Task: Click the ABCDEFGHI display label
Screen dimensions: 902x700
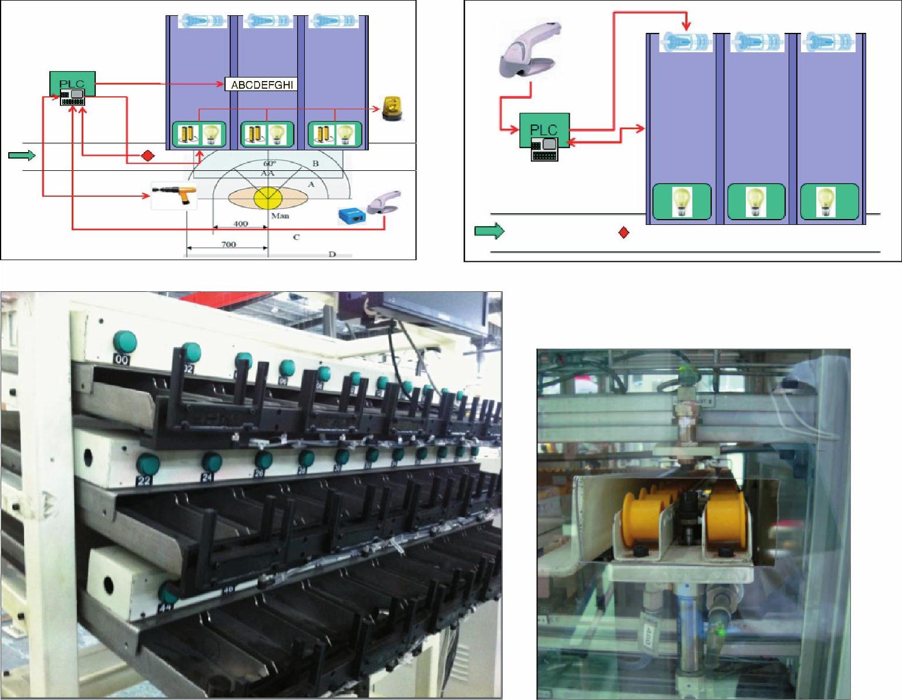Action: (261, 85)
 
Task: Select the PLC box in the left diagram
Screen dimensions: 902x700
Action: (72, 88)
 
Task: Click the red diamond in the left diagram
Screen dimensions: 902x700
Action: (148, 156)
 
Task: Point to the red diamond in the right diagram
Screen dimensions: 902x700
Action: (624, 233)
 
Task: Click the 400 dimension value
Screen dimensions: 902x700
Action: (240, 224)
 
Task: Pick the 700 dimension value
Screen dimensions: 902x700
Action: (228, 244)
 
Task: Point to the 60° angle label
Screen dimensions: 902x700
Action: (269, 164)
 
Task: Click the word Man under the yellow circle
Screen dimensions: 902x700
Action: (280, 216)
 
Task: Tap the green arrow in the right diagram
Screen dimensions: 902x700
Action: (489, 231)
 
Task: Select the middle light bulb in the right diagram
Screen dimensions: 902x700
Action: (755, 201)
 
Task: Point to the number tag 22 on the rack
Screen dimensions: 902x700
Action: (144, 480)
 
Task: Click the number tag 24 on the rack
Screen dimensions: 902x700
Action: (207, 477)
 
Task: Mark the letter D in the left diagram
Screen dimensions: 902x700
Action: (332, 254)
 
